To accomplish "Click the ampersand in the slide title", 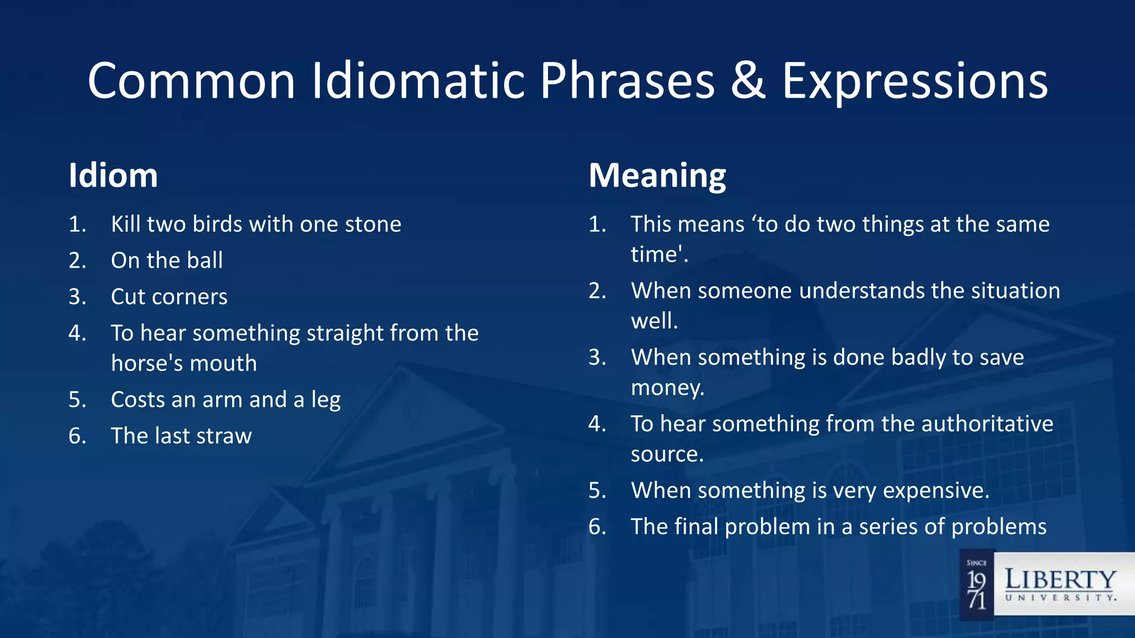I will click(x=748, y=81).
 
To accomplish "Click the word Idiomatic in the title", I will click(x=418, y=81).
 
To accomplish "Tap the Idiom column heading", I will click(x=113, y=176).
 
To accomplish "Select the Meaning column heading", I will click(x=657, y=176).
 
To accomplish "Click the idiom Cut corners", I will click(x=169, y=297).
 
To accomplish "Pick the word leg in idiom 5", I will click(x=326, y=400).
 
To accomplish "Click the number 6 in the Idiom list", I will click(x=76, y=436).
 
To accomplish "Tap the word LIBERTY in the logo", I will click(x=1060, y=580).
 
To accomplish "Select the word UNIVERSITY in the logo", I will click(x=1060, y=598).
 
